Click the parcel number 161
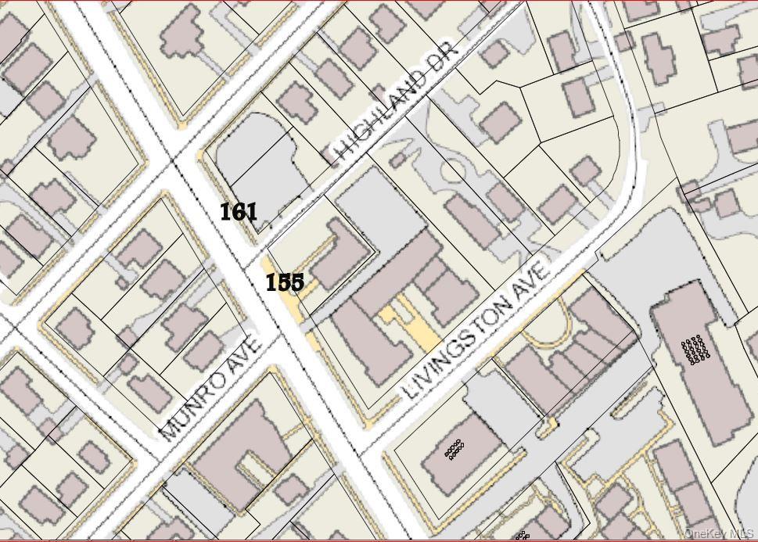coord(239,212)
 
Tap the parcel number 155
coord(285,282)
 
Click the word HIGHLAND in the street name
coord(382,117)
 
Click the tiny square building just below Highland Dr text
coord(397,160)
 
